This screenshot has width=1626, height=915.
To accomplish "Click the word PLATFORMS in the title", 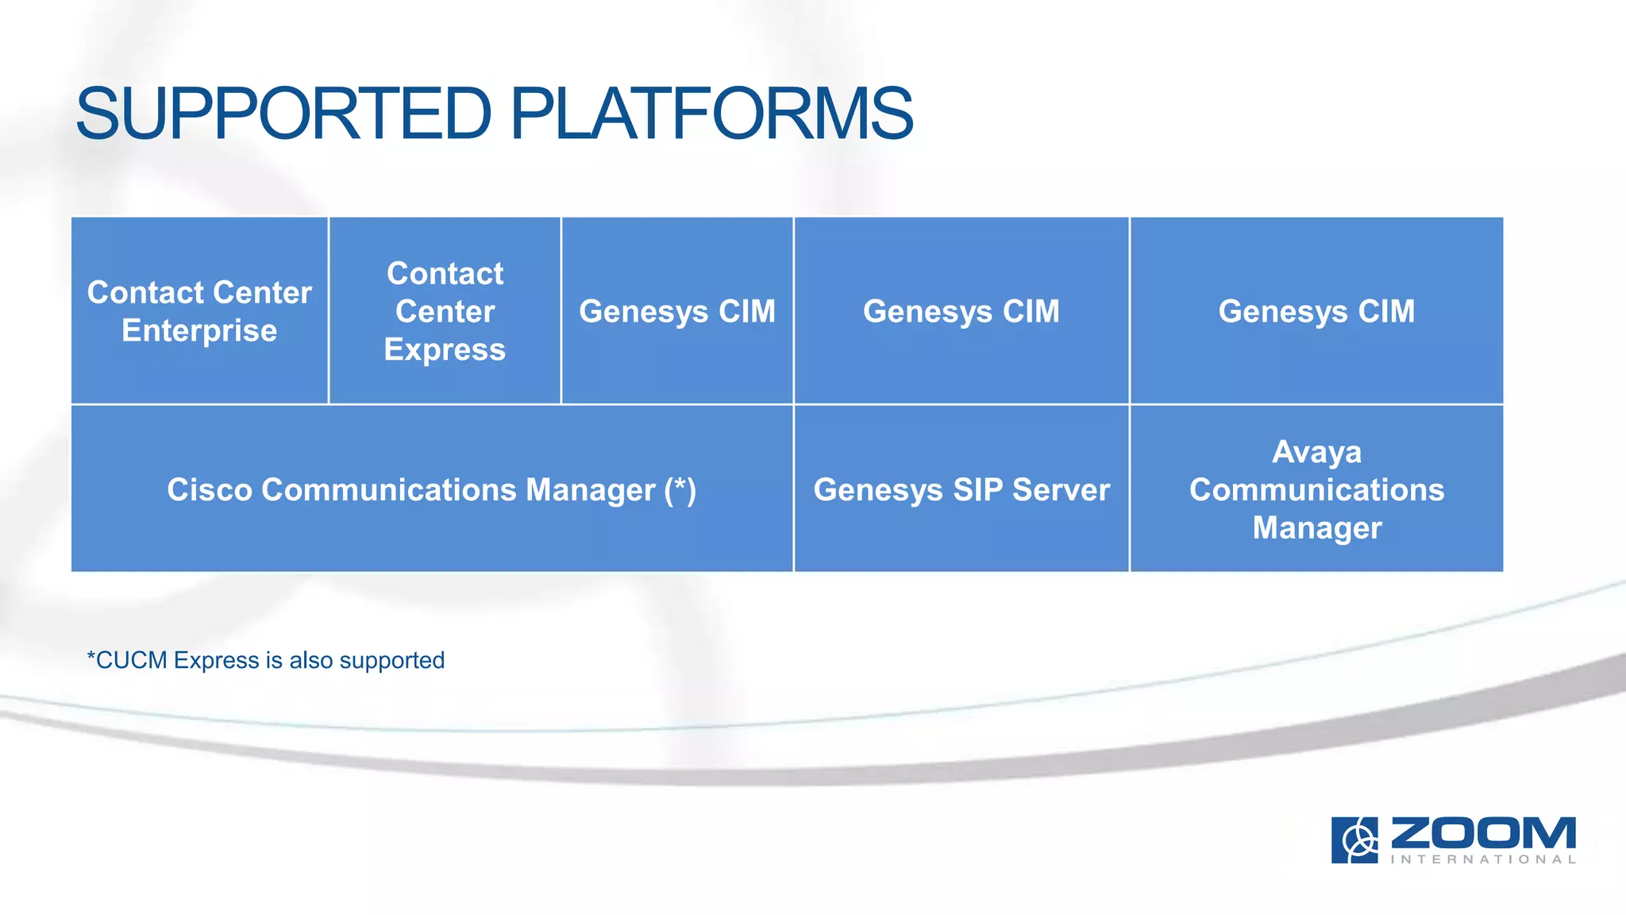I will coord(711,114).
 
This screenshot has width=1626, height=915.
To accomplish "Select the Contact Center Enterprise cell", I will coord(199,311).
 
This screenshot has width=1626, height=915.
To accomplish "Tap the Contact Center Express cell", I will coord(445,311).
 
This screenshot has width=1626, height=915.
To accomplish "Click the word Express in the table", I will coord(445,349).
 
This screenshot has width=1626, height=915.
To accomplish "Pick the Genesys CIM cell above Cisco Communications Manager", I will coord(677,311).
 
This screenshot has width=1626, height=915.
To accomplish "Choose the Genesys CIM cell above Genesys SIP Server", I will coord(961,311).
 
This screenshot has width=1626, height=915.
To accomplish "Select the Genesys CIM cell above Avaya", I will coord(1316,311).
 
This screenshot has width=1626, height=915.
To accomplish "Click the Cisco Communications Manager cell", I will coord(431,489).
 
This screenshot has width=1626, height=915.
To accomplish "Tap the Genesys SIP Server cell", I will coord(961,489).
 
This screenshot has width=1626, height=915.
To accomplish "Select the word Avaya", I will coord(1316,452).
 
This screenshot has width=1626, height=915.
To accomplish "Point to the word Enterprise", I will coord(199,330).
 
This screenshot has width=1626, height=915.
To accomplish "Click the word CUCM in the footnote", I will coord(131,660).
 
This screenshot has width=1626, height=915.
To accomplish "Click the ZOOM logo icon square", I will coord(1354,840).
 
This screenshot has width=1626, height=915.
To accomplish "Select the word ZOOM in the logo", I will coord(1483,833).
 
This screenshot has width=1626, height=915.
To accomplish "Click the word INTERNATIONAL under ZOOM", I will coord(1483,859).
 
